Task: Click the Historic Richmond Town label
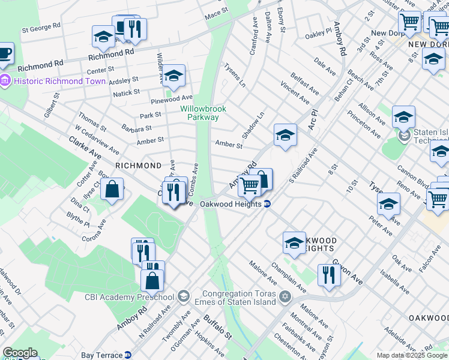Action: [47, 81]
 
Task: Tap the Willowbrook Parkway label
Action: [202, 113]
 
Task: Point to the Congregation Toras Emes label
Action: [239, 298]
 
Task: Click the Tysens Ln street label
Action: [235, 76]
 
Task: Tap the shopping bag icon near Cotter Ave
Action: [112, 190]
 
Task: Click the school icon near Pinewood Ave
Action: [174, 76]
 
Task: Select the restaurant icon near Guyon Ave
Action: [328, 275]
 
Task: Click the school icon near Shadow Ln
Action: [285, 135]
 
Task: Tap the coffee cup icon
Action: [5, 52]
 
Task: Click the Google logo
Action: [20, 353]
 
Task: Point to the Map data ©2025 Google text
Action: [412, 355]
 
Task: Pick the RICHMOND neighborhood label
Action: [138, 165]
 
